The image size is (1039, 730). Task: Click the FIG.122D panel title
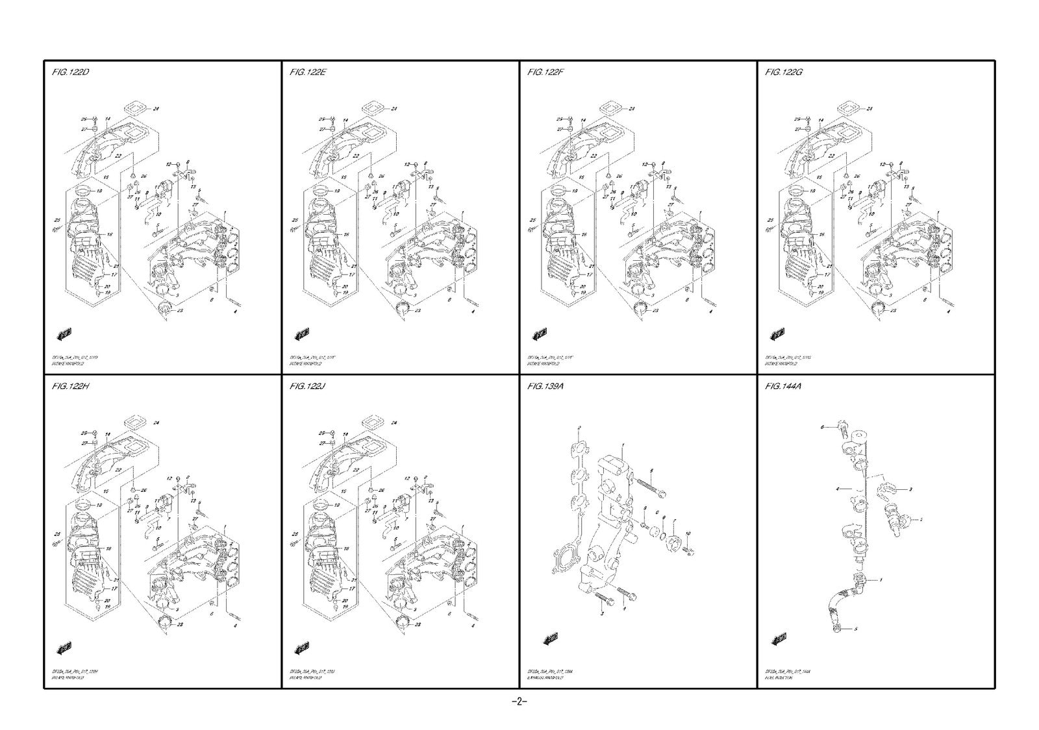coord(70,72)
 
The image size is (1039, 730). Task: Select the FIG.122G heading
coord(784,72)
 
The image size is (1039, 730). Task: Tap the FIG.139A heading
coord(545,387)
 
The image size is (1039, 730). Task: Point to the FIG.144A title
coord(784,387)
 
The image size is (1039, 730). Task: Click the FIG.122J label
coord(308,387)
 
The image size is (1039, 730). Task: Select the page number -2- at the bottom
coord(519,702)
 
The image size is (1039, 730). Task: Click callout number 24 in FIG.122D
coord(156,109)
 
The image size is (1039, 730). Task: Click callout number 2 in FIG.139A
coord(579,428)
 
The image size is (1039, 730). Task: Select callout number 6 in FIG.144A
coord(821,428)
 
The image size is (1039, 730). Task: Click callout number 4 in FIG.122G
coord(949,312)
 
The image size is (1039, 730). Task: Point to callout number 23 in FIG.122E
coord(418,311)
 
